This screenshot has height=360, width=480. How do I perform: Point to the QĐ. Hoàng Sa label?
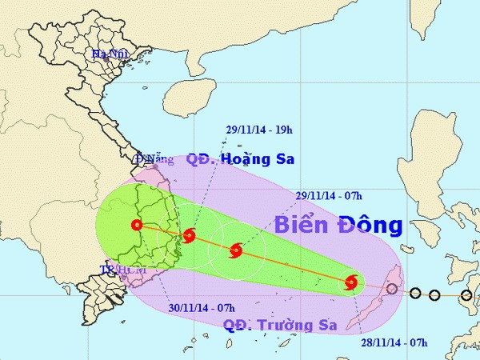tap(240, 159)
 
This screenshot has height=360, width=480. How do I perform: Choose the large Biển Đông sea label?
tap(338, 225)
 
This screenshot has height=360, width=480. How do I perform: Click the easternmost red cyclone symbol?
tap(351, 282)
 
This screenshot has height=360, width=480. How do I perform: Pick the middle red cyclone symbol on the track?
tap(235, 251)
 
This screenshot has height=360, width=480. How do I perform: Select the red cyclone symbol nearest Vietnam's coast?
tap(189, 235)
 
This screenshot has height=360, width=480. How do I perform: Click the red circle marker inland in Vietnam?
tap(138, 226)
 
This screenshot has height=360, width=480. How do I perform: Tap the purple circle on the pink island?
tap(392, 290)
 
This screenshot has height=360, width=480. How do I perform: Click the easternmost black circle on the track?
tap(466, 295)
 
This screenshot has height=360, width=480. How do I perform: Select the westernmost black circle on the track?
tap(414, 293)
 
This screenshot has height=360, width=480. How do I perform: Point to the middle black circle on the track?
tap(434, 295)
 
